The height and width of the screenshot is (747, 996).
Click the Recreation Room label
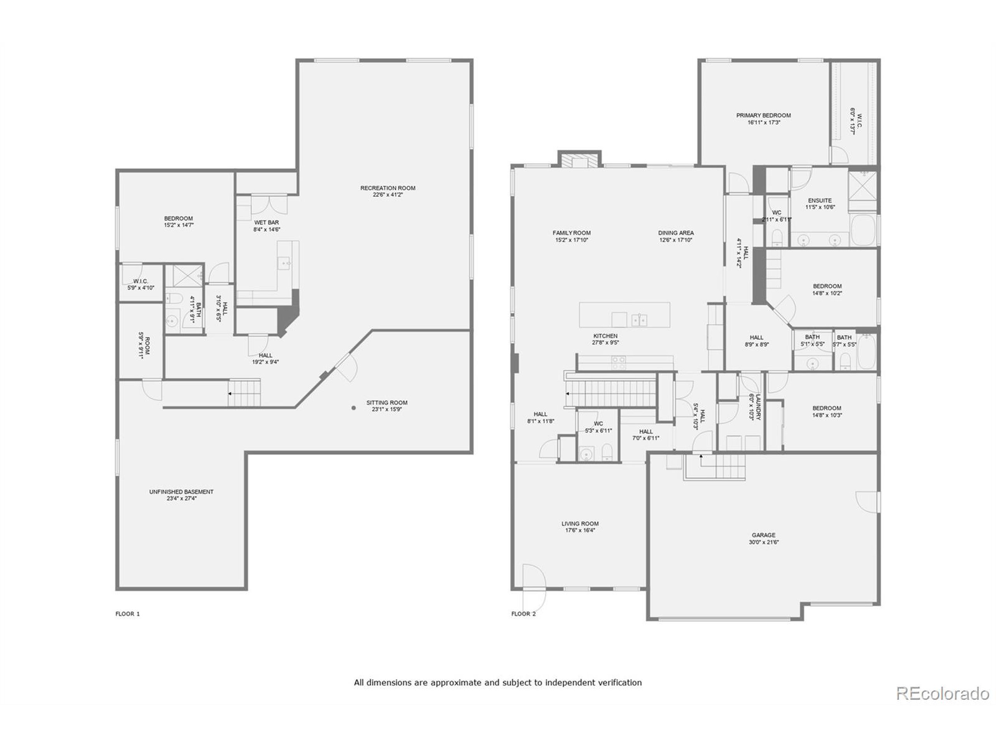coord(388,188)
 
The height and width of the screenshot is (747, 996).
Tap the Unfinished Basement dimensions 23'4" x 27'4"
coord(181,498)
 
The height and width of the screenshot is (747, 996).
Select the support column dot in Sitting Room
coord(354,408)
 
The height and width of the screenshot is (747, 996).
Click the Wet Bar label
coord(267,223)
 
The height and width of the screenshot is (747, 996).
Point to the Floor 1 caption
coord(128,614)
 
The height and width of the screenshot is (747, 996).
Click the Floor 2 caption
coord(523,614)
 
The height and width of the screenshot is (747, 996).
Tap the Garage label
coord(764,535)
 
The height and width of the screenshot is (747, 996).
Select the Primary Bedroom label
coord(764,115)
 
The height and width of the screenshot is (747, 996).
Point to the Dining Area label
coord(676,233)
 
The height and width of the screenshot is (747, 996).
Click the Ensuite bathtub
coord(863,230)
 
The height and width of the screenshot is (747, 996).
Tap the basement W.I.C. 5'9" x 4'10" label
coord(140,281)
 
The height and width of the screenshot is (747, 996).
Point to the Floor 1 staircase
coord(244,393)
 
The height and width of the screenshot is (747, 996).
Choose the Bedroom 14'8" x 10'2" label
coord(827,286)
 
